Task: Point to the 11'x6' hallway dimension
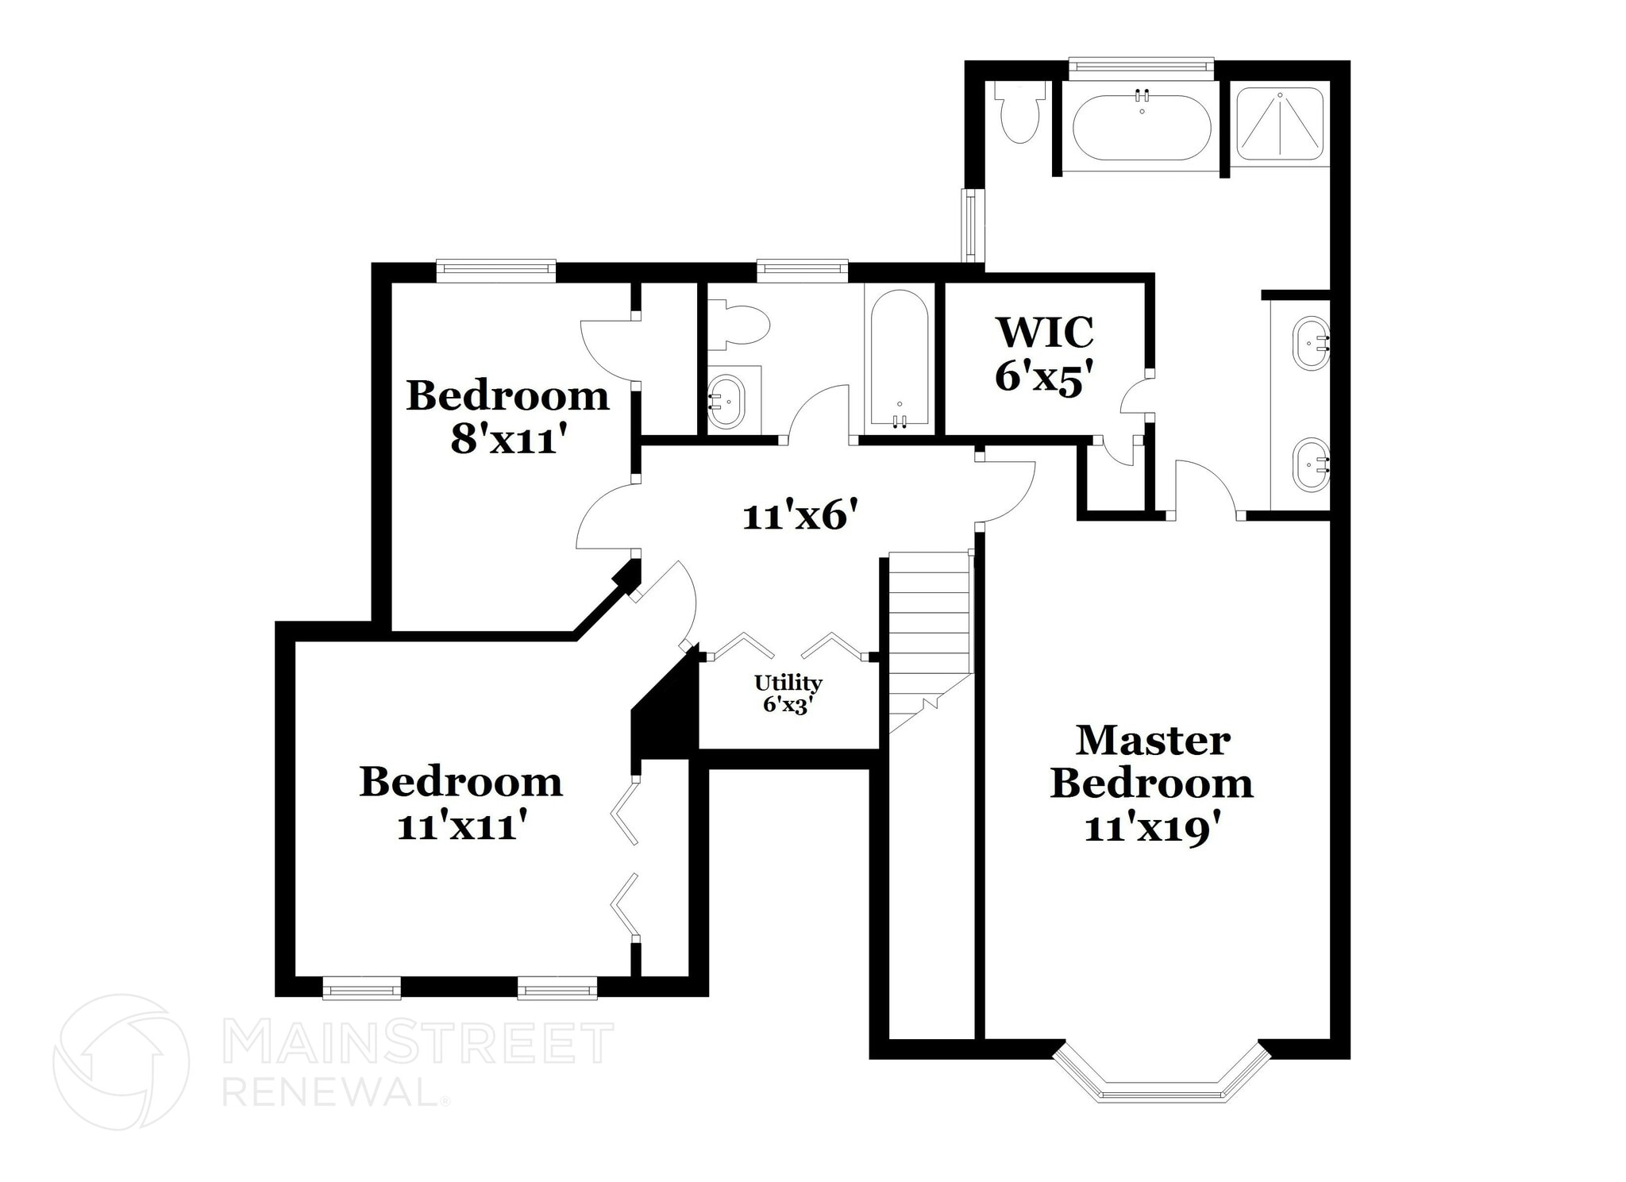click(x=800, y=517)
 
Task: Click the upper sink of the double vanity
click(x=1312, y=343)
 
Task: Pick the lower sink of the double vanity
click(x=1312, y=465)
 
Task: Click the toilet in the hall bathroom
click(x=739, y=325)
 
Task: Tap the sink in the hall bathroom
click(x=726, y=402)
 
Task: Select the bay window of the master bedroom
click(x=1162, y=1080)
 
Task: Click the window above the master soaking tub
click(x=1141, y=68)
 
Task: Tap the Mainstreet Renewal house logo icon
click(x=121, y=1061)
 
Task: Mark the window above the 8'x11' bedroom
click(x=496, y=271)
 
